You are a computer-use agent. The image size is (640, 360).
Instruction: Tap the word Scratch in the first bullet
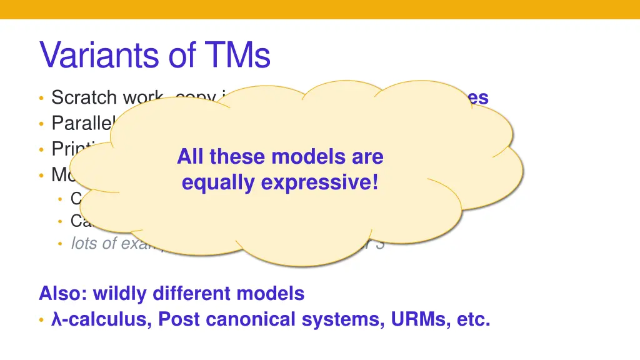pos(84,97)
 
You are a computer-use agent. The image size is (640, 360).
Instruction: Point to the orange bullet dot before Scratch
pos(41,98)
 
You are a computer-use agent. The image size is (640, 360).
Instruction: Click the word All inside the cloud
pos(191,156)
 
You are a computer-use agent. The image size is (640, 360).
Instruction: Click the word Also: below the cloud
pos(63,293)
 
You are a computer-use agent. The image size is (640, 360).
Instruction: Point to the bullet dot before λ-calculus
pos(41,320)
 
